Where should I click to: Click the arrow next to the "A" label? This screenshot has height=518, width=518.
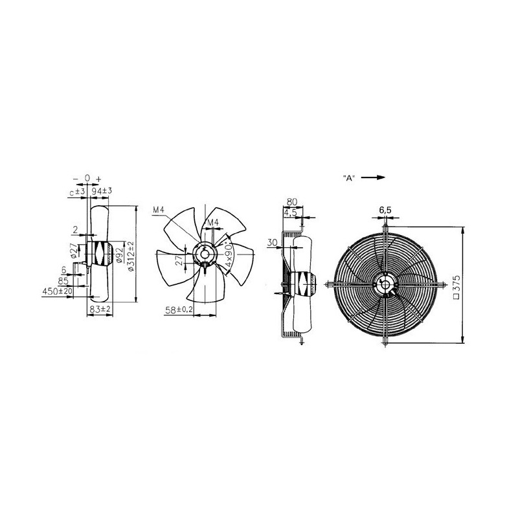tap(374, 177)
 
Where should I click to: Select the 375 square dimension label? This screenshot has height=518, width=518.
tap(457, 286)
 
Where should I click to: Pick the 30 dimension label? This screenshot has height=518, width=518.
tap(272, 243)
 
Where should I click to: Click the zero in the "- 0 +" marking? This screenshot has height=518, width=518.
tap(87, 178)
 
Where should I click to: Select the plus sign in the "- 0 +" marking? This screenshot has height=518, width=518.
tap(98, 178)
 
